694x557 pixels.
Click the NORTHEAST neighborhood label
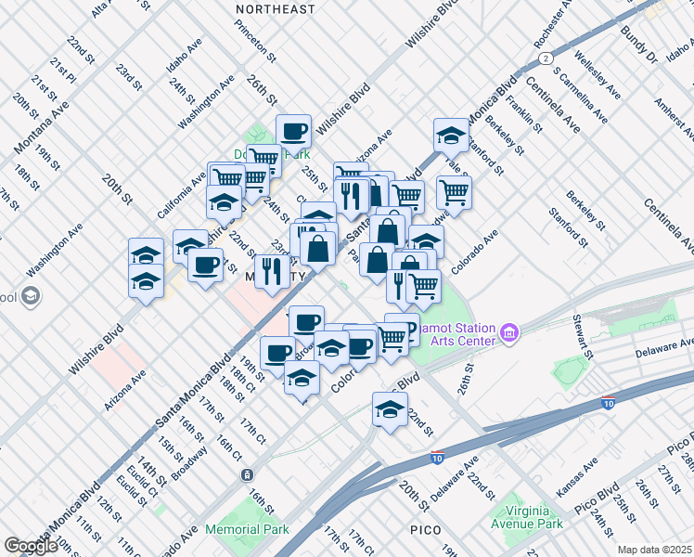275,9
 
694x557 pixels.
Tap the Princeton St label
257,43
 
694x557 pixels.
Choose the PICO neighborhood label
431,529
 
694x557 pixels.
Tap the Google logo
31,546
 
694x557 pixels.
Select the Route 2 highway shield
546,58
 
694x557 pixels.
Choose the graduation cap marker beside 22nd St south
390,408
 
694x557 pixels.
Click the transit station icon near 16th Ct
248,474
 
